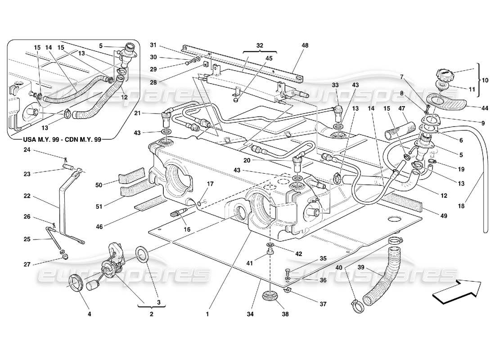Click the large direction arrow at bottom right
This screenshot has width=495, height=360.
point(456,293)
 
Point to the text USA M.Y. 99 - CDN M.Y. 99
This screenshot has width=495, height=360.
point(63,139)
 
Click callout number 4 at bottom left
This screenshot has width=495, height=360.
point(89,315)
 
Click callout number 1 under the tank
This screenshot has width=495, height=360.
point(208,315)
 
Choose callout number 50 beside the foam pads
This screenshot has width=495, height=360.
point(99,184)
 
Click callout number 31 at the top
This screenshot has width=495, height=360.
point(153,45)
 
